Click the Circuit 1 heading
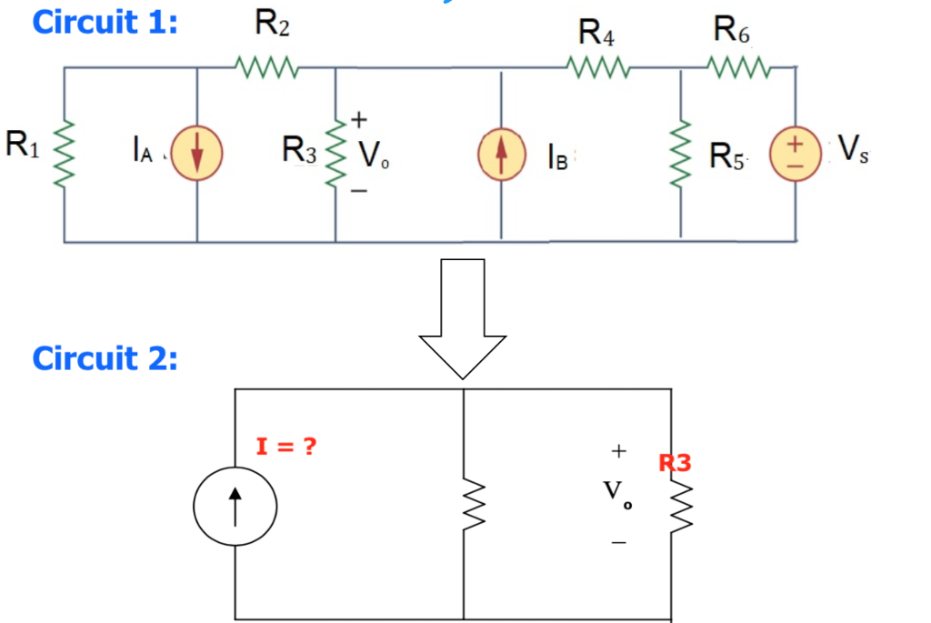pyautogui.click(x=105, y=22)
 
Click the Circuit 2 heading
pyautogui.click(x=105, y=358)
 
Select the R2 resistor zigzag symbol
pyautogui.click(x=264, y=66)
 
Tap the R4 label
pyautogui.click(x=596, y=35)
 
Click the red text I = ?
pyautogui.click(x=287, y=447)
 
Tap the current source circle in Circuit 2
pyautogui.click(x=235, y=505)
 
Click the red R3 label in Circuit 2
pyautogui.click(x=675, y=463)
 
